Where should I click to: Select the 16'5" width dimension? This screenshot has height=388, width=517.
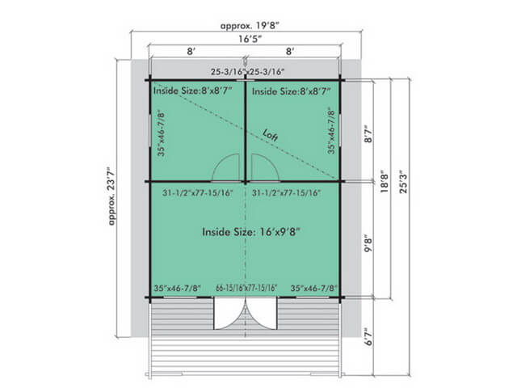(x=250, y=39)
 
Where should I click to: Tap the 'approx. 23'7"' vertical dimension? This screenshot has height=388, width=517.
(x=112, y=196)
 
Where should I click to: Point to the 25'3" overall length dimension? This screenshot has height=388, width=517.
(x=403, y=181)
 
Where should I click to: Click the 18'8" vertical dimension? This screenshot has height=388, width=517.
(x=385, y=181)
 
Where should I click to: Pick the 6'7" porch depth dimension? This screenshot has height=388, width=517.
(x=368, y=336)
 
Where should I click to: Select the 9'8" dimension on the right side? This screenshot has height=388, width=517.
(x=368, y=243)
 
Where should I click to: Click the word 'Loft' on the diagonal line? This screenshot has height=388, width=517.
(x=271, y=135)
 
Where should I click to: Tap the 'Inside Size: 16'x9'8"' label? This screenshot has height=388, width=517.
(x=251, y=232)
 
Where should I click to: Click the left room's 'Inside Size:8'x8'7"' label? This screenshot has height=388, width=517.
(x=193, y=91)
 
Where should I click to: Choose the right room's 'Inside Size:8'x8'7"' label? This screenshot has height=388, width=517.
(x=291, y=91)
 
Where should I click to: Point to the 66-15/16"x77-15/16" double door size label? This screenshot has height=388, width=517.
(x=246, y=288)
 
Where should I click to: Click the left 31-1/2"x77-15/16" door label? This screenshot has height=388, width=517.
(x=197, y=192)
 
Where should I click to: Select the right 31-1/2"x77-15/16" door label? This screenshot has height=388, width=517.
(x=286, y=192)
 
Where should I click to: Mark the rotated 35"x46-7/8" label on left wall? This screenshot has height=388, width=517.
(x=161, y=133)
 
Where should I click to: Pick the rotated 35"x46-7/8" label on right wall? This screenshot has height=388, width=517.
(x=331, y=131)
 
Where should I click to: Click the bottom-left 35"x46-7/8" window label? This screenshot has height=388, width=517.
(x=177, y=288)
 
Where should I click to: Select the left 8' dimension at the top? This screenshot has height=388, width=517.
(x=191, y=52)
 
